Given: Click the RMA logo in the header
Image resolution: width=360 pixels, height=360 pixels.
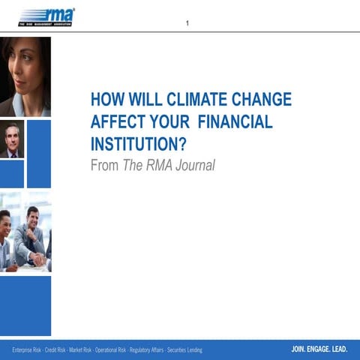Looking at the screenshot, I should click(46, 16).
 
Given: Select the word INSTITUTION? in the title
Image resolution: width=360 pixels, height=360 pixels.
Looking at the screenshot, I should click(138, 143).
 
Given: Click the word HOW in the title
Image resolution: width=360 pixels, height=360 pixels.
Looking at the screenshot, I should click(106, 100).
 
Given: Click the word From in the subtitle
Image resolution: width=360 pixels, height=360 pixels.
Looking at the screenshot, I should click(104, 165).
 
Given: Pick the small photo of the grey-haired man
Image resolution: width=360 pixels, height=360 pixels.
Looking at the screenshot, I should click(11, 139).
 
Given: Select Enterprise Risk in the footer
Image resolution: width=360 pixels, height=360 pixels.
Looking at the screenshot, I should click(26, 349).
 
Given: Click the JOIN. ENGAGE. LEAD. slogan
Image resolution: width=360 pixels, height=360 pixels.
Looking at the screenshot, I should click(319, 349).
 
